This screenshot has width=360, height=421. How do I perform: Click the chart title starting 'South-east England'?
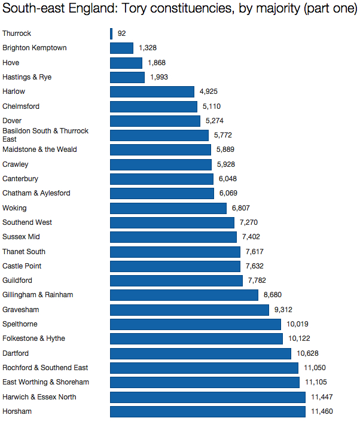click(x=179, y=10)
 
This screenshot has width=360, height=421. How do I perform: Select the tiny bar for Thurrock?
click(x=111, y=33)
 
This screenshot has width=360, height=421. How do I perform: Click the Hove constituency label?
click(x=11, y=63)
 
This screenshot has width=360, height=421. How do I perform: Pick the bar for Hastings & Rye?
click(x=127, y=77)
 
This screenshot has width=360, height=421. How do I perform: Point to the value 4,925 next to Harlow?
click(x=210, y=91)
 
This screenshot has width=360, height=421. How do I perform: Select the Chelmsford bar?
click(x=154, y=106)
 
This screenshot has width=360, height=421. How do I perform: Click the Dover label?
click(x=12, y=121)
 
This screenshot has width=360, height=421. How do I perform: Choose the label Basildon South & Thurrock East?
click(x=45, y=135)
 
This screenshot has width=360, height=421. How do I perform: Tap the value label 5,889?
click(x=227, y=150)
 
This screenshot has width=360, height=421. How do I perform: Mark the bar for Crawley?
click(x=161, y=164)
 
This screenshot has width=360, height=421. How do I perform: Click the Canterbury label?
click(x=20, y=179)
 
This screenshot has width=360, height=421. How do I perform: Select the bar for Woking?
click(x=168, y=208)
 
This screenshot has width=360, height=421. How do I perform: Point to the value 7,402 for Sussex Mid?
click(x=252, y=237)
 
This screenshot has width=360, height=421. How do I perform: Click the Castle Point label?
click(x=22, y=266)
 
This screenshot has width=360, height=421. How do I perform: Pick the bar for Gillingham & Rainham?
click(x=184, y=295)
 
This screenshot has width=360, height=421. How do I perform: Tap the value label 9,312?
click(x=284, y=310)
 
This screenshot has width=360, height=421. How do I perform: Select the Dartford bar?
click(x=200, y=353)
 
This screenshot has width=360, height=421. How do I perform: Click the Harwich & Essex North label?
click(x=39, y=397)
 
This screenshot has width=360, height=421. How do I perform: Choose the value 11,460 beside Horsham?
click(x=322, y=411)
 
